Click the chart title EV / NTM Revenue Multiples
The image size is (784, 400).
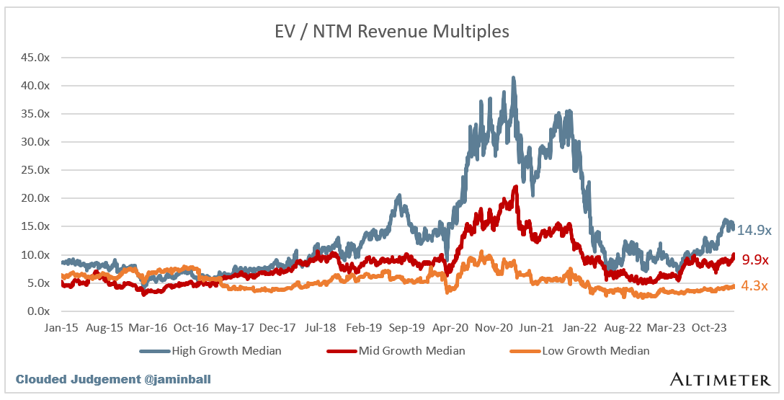tap(392, 32)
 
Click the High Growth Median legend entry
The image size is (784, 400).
tap(220, 351)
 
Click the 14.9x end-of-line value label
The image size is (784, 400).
tap(754, 231)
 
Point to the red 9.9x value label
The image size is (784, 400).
tap(755, 260)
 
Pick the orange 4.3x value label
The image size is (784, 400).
tap(755, 286)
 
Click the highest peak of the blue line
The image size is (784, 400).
tap(513, 77)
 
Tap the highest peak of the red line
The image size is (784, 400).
tap(516, 186)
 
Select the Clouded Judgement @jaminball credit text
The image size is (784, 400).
tap(113, 379)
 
